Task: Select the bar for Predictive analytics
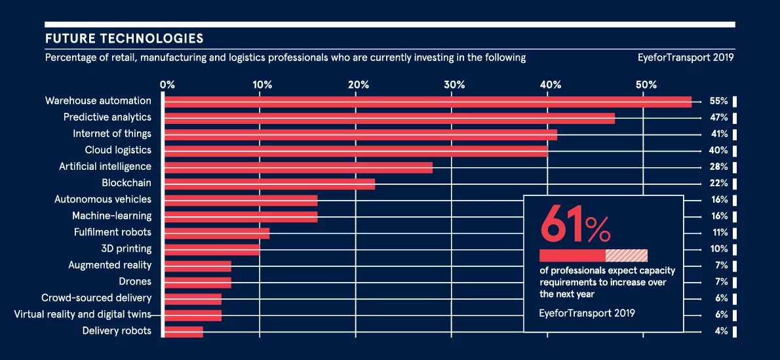pos(389,118)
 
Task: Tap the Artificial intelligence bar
pos(298,167)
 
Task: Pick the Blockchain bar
pos(269,184)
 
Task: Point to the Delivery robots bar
pos(184,331)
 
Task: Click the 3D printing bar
pos(212,249)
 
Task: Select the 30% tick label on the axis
pos(454,85)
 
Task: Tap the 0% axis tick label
pos(167,85)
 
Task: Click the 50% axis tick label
pos(646,85)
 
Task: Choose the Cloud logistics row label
pos(118,150)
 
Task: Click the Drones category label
pos(135,281)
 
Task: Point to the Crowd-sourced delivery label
pos(96,298)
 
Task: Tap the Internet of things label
pos(112,134)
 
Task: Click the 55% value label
pos(719,102)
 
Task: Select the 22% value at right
pos(719,184)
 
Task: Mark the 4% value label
pos(722,331)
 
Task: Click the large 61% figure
pos(575,224)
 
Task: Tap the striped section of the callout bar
pos(627,256)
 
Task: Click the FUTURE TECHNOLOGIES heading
pos(124,39)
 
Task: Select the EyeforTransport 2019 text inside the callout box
pos(587,313)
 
